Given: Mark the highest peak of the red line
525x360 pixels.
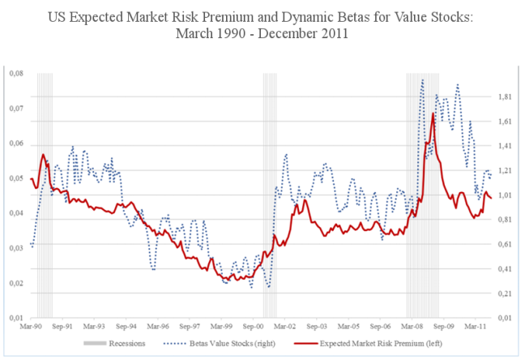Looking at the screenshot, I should pos(433,114).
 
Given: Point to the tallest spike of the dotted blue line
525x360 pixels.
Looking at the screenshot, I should pos(422,79).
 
